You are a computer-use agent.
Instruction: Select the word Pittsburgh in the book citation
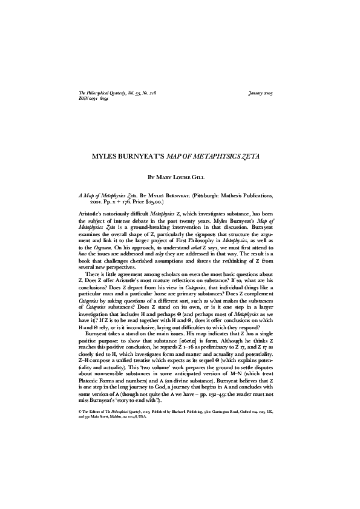[x=209, y=197]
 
